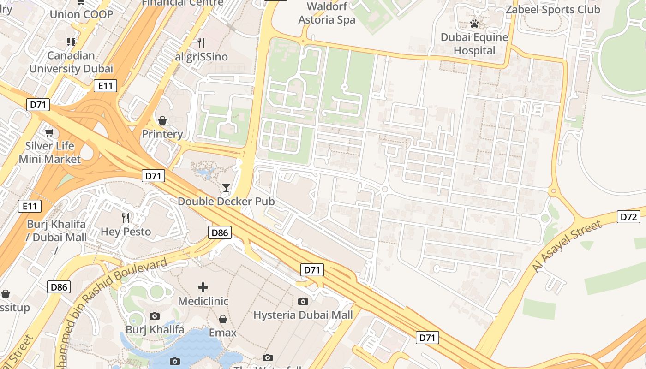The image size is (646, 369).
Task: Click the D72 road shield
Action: point(628,217)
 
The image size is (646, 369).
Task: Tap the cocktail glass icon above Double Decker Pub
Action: point(226,187)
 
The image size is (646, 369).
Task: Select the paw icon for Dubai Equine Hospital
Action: point(474,24)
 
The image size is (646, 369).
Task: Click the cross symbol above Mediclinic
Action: point(203,287)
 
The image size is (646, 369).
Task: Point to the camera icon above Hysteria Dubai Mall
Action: point(303,301)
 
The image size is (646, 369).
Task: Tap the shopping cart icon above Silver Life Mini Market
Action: point(49,132)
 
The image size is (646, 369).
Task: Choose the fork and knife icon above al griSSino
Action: point(201,43)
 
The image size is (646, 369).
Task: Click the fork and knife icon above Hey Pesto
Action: point(126,218)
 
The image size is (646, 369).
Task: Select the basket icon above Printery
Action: point(162,120)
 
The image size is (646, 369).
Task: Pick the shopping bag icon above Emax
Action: point(223,319)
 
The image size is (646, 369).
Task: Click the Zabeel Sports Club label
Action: point(553,10)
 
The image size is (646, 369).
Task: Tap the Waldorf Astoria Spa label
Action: point(327,13)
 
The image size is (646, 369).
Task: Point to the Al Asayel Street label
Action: point(568,246)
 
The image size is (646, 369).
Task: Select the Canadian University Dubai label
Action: point(71,62)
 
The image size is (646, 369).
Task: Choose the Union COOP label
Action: point(81,14)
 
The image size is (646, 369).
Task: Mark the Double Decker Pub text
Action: point(226,202)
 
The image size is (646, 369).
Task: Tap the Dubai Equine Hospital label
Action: point(474,44)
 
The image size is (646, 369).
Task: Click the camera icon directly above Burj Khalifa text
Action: point(155,316)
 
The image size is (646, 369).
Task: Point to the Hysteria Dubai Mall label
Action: point(303,315)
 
